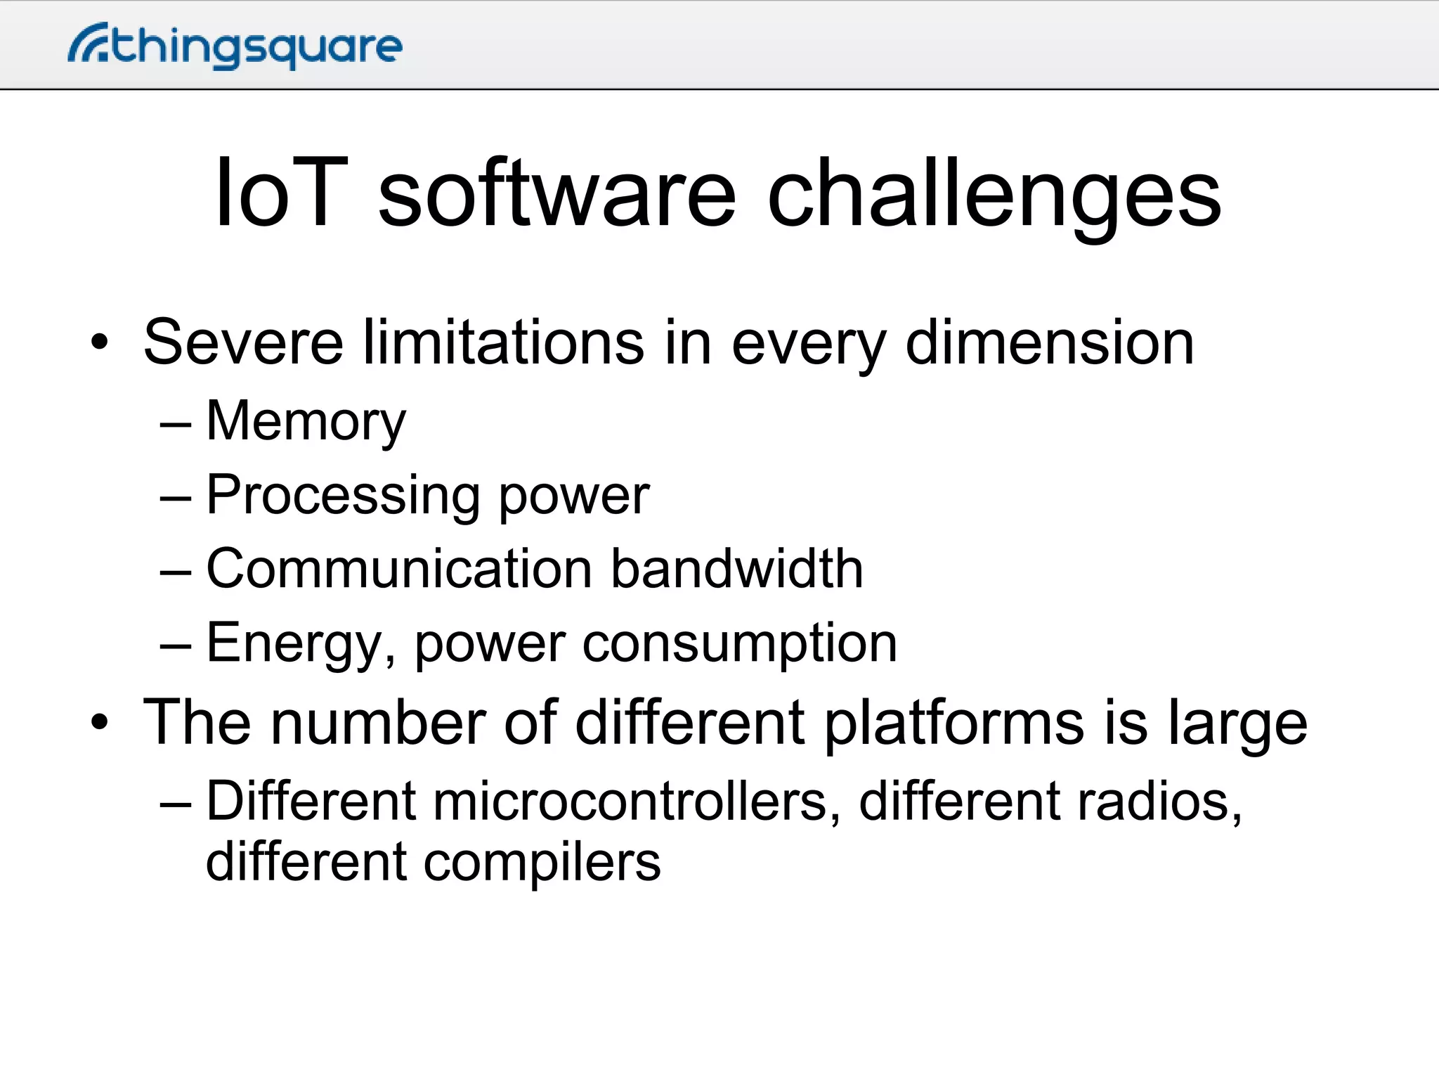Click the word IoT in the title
281,193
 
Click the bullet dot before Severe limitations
100,343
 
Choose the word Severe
243,342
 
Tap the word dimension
1050,342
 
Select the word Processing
342,497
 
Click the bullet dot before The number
100,722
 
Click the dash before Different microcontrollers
176,802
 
